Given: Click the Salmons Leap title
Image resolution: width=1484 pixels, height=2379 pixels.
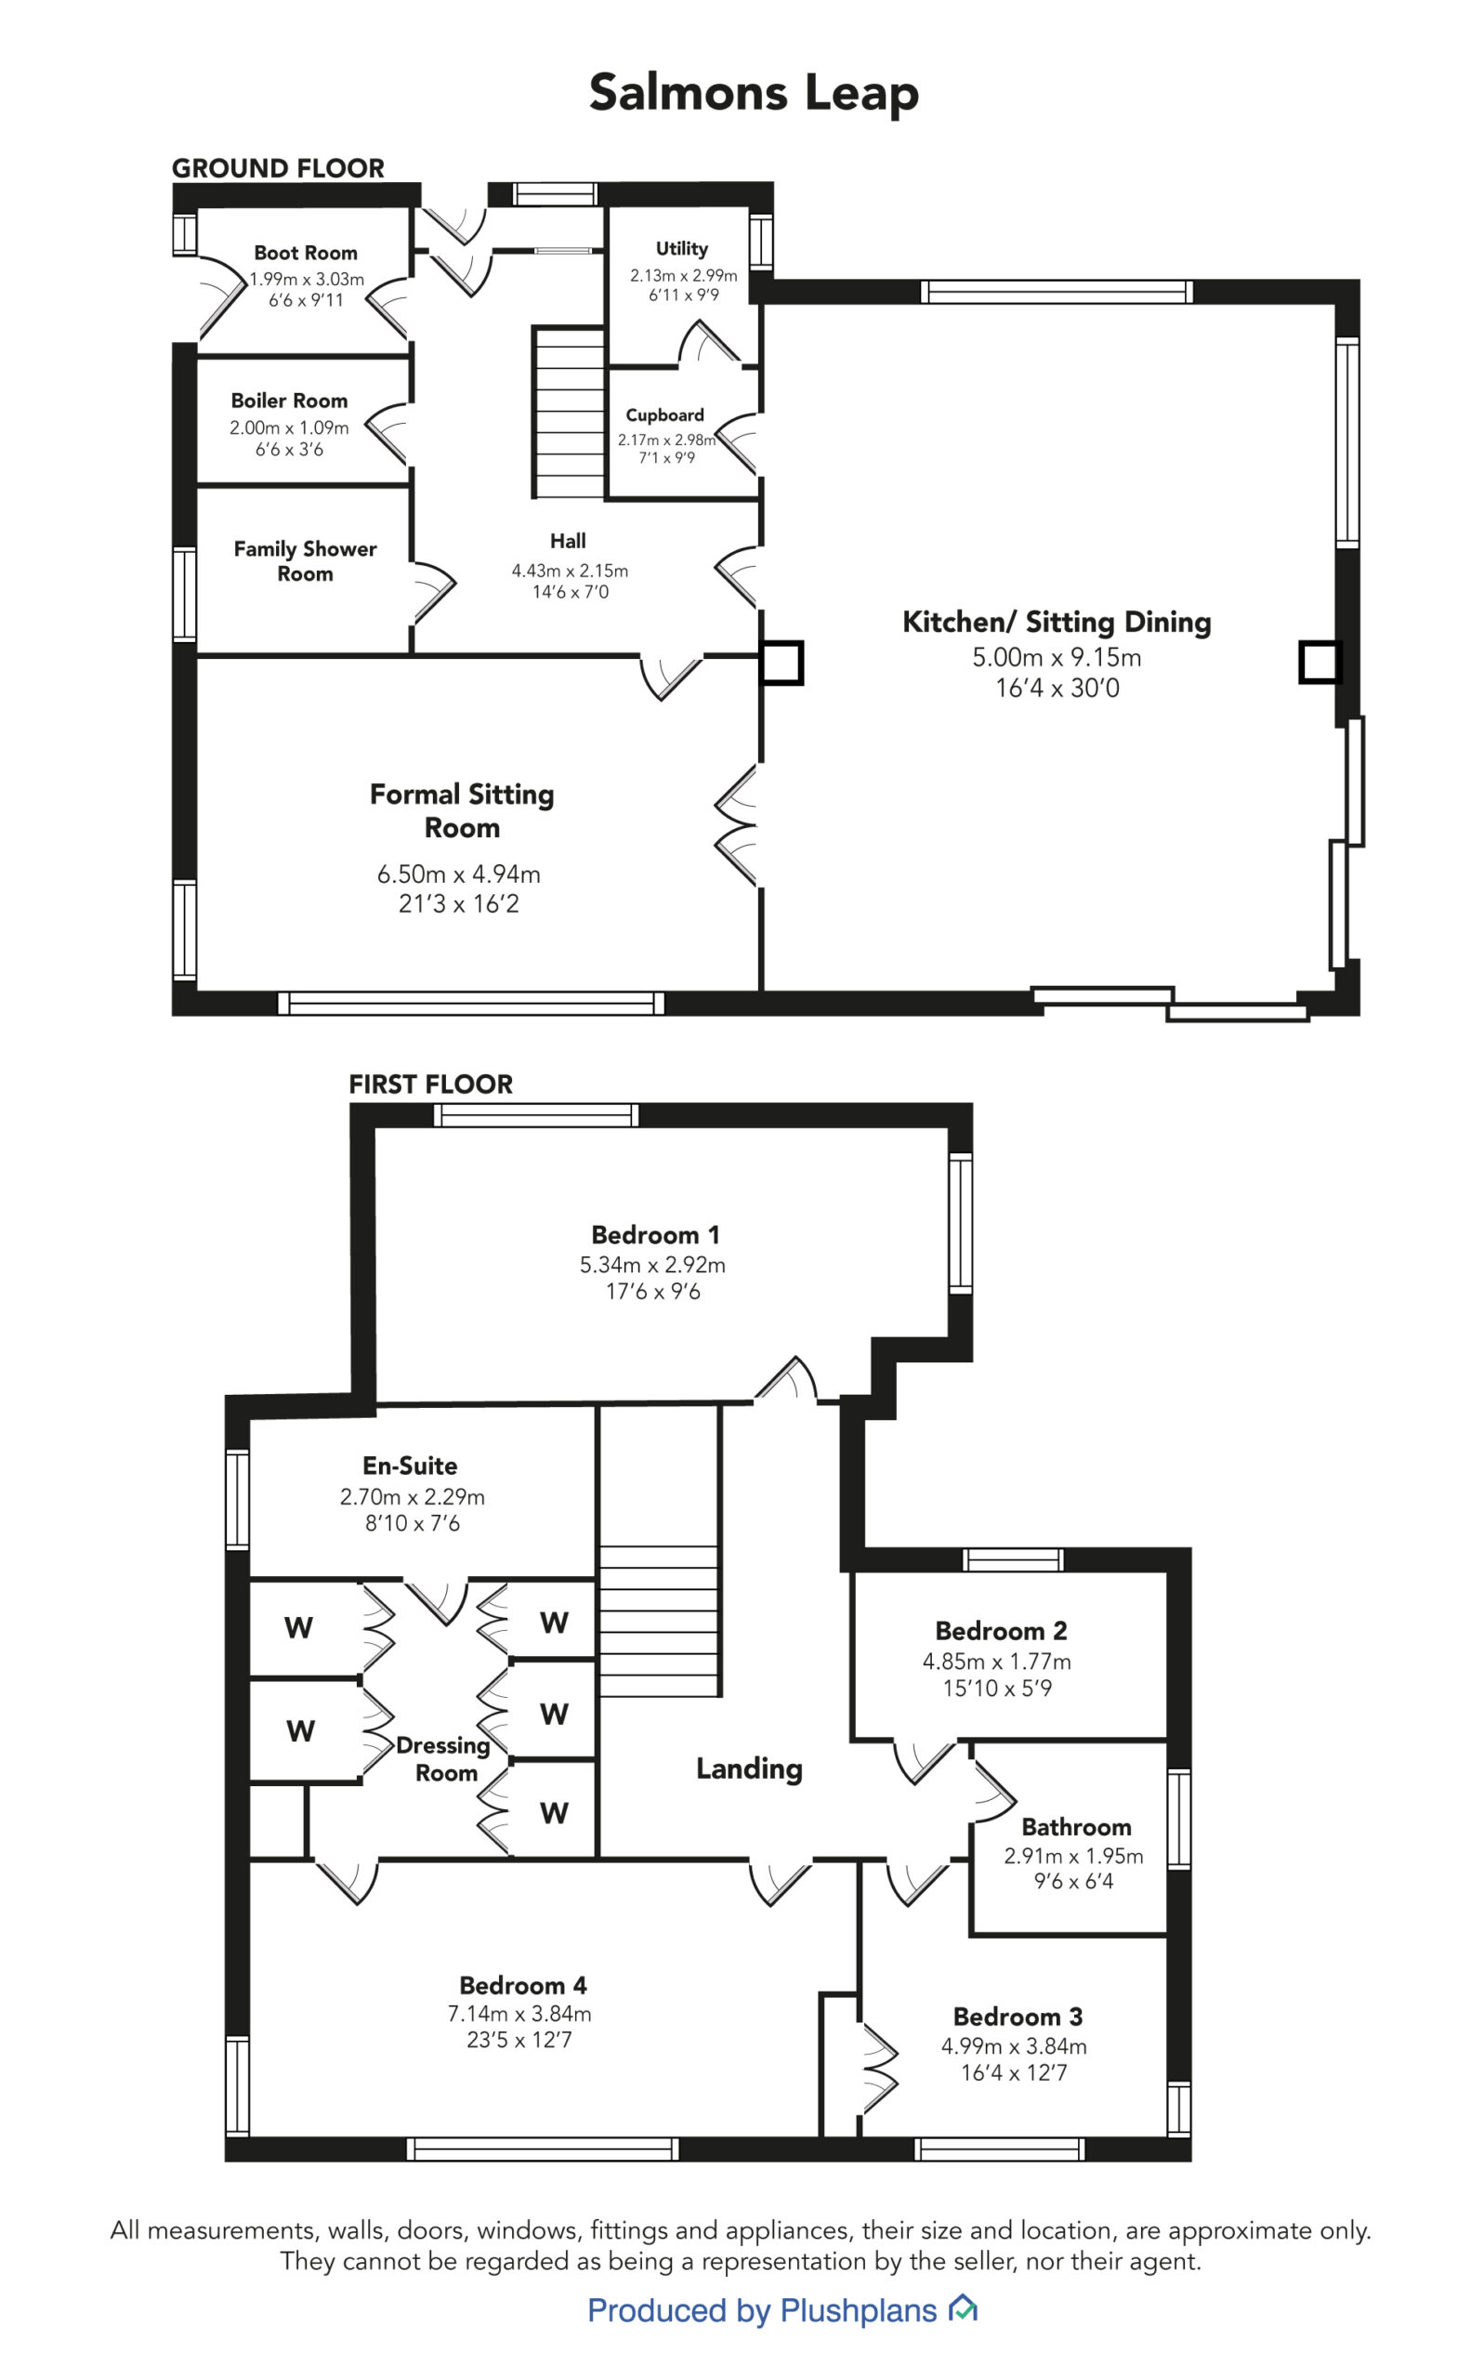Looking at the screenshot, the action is (753, 93).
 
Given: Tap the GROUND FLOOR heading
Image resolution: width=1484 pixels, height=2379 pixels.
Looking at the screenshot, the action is (278, 168).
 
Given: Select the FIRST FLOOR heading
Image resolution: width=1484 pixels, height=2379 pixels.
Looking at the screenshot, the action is (431, 1084).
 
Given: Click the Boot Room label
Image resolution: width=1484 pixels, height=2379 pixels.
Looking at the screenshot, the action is (305, 252).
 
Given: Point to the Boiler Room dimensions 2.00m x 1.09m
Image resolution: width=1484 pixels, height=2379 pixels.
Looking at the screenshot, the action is (290, 427).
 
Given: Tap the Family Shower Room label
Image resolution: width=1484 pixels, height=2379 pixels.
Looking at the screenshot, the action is (305, 560).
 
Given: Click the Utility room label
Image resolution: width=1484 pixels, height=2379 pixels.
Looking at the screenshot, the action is (682, 248).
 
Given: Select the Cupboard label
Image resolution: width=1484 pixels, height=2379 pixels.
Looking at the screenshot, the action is (664, 414).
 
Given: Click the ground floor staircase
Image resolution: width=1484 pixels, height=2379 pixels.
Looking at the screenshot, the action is (569, 413).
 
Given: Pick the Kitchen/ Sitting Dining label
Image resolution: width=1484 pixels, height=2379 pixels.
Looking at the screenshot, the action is (1057, 622).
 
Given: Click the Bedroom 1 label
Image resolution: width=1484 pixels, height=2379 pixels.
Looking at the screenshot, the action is (654, 1234).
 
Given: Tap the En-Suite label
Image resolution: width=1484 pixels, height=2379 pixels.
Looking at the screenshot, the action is (410, 1466).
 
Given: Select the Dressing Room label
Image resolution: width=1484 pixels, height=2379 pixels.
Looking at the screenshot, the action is (443, 1759).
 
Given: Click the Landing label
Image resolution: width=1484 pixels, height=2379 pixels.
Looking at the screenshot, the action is (749, 1768).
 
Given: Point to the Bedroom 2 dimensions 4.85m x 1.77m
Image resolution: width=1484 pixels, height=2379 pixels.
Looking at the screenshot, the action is (996, 1661).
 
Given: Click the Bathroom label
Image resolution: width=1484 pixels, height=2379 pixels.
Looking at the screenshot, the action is (1076, 1826).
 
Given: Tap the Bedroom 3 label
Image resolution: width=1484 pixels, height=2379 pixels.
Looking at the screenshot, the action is (1018, 2016).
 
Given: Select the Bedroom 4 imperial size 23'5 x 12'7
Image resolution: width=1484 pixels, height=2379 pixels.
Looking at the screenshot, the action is (519, 2040).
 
